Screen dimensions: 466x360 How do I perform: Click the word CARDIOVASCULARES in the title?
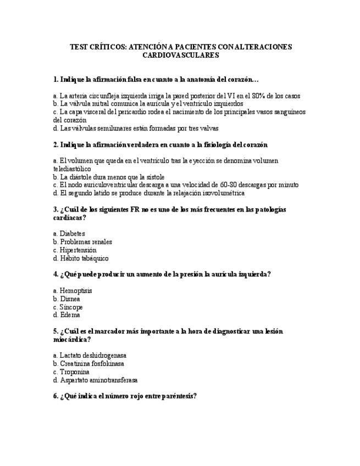tap(180, 56)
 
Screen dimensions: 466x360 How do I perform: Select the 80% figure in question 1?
tap(267, 96)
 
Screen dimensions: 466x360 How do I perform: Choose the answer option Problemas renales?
tap(85, 242)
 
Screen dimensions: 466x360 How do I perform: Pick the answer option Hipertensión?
tap(77, 250)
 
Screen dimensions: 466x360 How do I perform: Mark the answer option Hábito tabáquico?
tap(84, 258)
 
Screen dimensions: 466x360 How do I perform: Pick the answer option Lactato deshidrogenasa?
tap(93, 356)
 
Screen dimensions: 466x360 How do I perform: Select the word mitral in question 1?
tap(102, 104)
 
